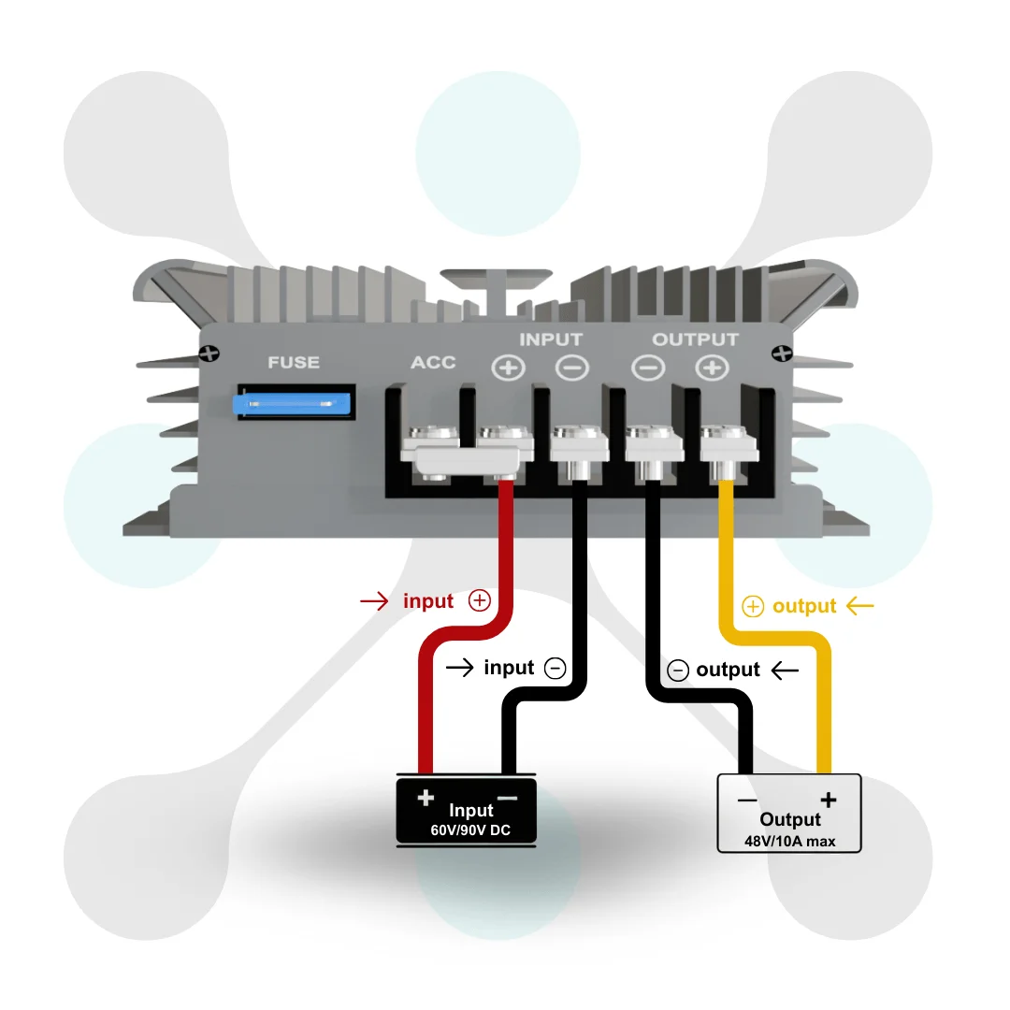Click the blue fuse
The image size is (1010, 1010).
click(292, 404)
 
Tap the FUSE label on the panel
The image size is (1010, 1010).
click(294, 363)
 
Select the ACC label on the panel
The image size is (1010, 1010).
click(434, 363)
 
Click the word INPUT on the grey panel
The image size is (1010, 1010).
click(551, 339)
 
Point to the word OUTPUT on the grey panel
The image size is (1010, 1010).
click(695, 339)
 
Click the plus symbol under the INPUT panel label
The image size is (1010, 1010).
click(508, 368)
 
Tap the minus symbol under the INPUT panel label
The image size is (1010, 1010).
click(572, 368)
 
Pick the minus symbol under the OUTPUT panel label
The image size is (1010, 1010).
click(648, 368)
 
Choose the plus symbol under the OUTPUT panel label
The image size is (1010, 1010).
click(712, 368)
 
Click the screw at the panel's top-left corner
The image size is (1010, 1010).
click(209, 353)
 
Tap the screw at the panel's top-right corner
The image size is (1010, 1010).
click(782, 353)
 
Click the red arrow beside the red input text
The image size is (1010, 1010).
click(374, 601)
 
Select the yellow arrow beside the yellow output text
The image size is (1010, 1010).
click(860, 606)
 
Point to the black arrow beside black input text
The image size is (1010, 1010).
click(459, 668)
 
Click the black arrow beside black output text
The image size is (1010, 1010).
click(785, 671)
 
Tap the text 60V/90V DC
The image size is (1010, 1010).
click(470, 830)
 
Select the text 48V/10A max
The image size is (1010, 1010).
click(789, 842)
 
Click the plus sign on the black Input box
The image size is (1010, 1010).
click(426, 798)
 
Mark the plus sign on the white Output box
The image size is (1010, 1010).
click(829, 800)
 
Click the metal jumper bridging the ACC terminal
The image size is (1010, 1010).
click(467, 460)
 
